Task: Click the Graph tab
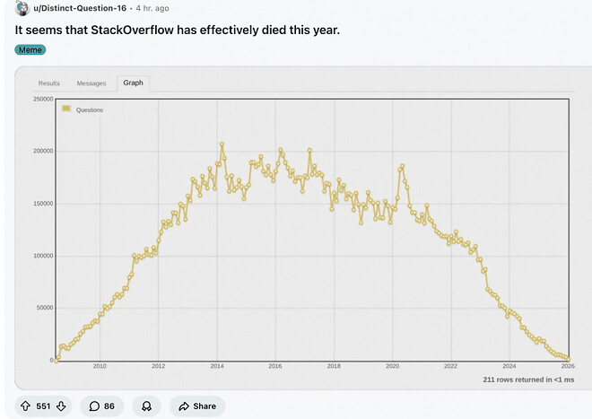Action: tap(133, 83)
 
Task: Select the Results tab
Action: tap(48, 83)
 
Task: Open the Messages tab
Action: tap(91, 83)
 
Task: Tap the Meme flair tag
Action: tap(30, 49)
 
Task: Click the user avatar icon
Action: tap(23, 8)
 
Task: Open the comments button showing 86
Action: tap(102, 406)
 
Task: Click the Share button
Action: tap(196, 406)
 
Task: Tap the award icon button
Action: tap(145, 406)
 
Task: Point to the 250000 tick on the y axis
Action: tap(40, 99)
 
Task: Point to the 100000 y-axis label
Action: tap(40, 256)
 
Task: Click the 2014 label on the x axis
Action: tap(217, 366)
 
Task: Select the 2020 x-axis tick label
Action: tap(392, 366)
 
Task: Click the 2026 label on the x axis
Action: tap(568, 366)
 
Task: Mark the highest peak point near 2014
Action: tap(222, 144)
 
